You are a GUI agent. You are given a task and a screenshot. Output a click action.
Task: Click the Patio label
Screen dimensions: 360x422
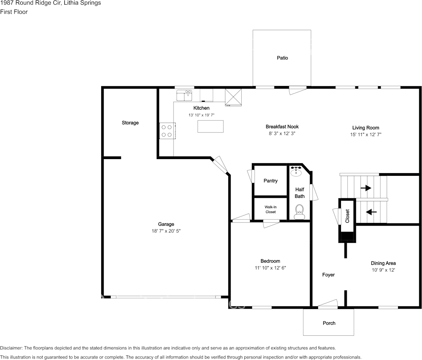tap(282, 58)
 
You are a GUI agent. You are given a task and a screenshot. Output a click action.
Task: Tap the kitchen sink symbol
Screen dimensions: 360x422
tap(185, 95)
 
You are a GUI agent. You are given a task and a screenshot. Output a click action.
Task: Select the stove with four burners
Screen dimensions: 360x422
tap(167, 131)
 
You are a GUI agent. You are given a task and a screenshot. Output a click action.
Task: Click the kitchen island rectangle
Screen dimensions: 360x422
tap(210, 126)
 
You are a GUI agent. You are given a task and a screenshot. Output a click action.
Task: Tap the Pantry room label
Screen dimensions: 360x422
tap(271, 181)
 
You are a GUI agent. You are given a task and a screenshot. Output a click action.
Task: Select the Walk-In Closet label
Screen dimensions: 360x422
tap(271, 209)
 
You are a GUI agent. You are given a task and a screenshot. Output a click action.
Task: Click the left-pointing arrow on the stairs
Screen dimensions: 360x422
tap(371, 212)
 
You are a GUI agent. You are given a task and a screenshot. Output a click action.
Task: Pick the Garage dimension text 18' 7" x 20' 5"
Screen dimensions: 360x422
tap(166, 231)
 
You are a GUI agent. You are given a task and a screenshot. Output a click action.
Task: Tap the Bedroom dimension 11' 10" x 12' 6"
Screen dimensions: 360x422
tap(270, 268)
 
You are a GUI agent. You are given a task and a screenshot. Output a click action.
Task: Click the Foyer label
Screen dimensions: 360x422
tap(328, 275)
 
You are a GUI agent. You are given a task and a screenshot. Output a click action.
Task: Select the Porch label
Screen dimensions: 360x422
tap(329, 323)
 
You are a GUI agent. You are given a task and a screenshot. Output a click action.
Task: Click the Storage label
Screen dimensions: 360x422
tap(130, 123)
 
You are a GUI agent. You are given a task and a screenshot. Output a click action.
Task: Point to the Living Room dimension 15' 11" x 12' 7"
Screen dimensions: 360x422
tap(366, 134)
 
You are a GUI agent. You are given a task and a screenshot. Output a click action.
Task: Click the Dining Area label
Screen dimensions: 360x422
tap(383, 263)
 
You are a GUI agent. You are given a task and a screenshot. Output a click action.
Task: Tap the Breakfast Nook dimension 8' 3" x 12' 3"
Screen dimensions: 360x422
tap(282, 134)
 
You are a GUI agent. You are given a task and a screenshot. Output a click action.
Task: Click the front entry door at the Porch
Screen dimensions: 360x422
tap(328, 304)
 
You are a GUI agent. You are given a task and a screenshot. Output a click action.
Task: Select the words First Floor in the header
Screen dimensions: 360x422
tap(14, 12)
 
